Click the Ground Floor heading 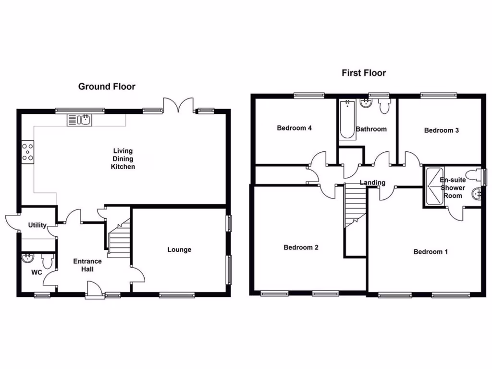click(107, 86)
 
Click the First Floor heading click(364, 73)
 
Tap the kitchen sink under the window click(80, 120)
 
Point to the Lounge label click(179, 249)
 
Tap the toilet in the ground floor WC click(47, 261)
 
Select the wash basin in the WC click(28, 259)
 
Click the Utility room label click(37, 225)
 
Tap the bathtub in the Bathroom click(346, 120)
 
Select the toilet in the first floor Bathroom click(384, 106)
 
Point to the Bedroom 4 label click(295, 128)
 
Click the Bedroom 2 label click(301, 247)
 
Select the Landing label click(373, 183)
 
